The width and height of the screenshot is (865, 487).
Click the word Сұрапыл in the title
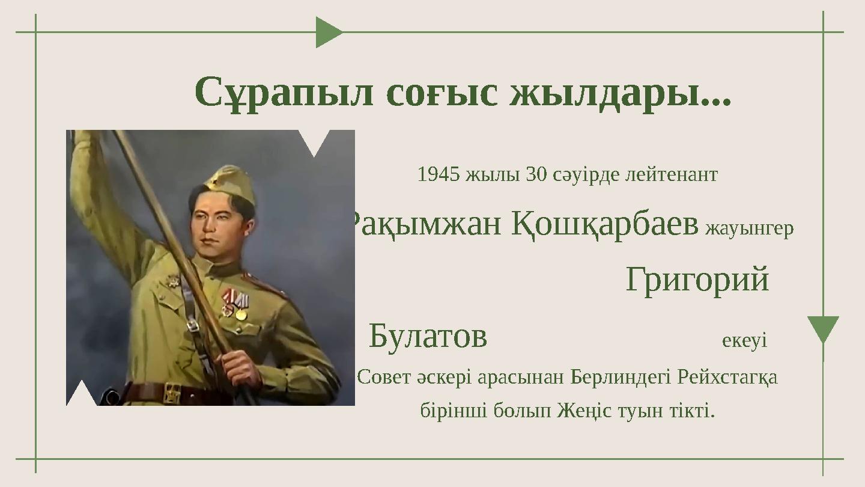(284, 93)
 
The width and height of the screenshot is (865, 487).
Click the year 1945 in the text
(439, 174)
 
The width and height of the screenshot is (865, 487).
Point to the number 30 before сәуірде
(536, 174)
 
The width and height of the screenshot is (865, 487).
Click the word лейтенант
(672, 175)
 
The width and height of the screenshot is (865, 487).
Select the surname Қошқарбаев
(605, 224)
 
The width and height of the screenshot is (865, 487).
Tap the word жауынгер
(750, 229)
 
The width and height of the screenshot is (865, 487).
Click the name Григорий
(697, 280)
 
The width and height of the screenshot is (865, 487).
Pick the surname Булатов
(428, 336)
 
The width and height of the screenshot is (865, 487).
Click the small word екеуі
(744, 341)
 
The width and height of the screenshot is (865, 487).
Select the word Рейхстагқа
(727, 378)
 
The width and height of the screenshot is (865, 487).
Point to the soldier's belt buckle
(172, 393)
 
